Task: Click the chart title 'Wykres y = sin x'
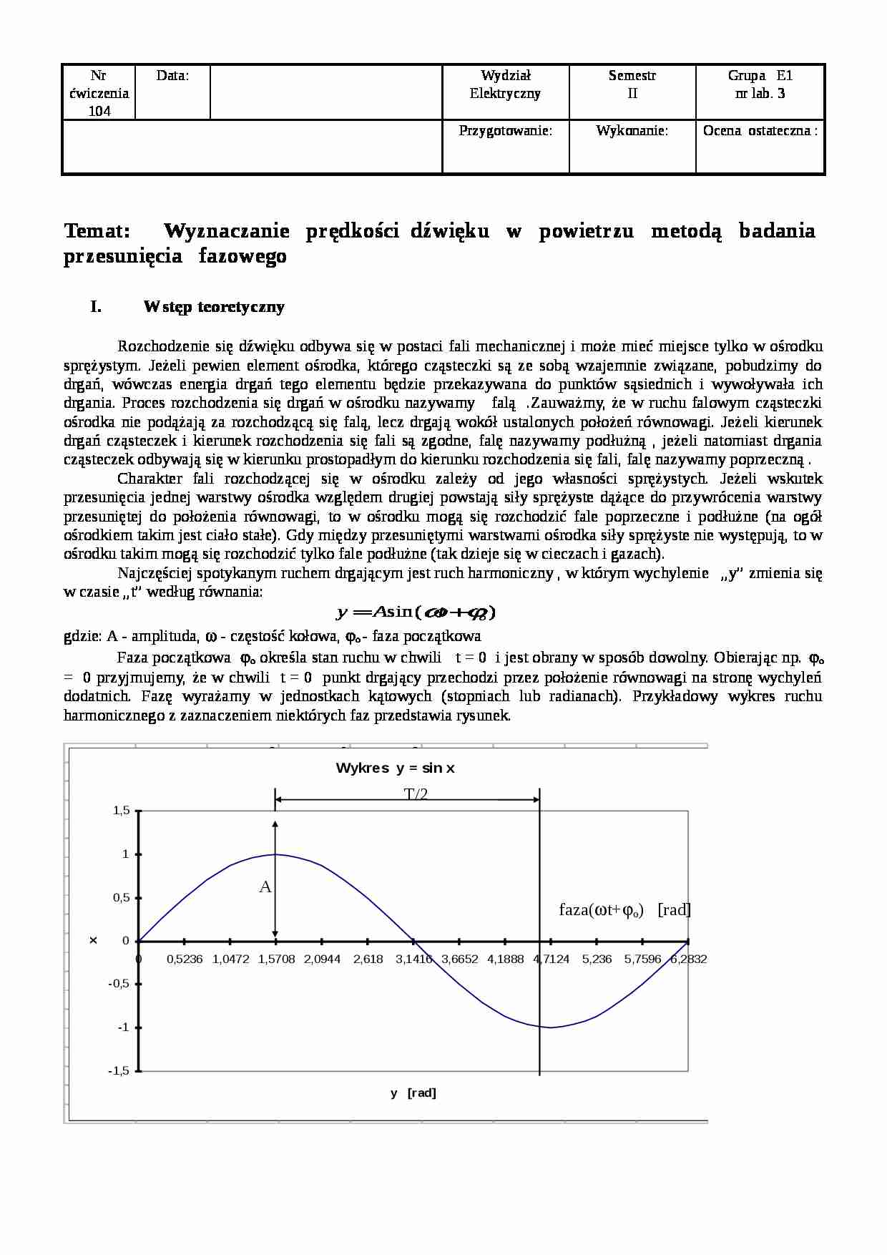pos(395,768)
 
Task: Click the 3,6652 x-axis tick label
pos(459,959)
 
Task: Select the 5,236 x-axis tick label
pos(597,959)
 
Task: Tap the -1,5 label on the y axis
pos(119,1071)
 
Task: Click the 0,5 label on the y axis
pos(121,898)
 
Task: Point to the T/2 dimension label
pos(416,793)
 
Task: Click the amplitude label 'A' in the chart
pos(265,887)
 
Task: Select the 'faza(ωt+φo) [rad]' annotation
pos(624,909)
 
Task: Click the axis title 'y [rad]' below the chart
pos(413,1093)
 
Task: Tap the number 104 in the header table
pos(99,111)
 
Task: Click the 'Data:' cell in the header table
pos(172,76)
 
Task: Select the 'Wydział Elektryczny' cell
pos(505,84)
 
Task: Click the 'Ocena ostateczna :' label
pos(760,131)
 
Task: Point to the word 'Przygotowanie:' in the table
pos(505,131)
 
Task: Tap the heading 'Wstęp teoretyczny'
pos(214,307)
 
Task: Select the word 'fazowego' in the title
pos(242,256)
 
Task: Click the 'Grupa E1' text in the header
pos(760,76)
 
